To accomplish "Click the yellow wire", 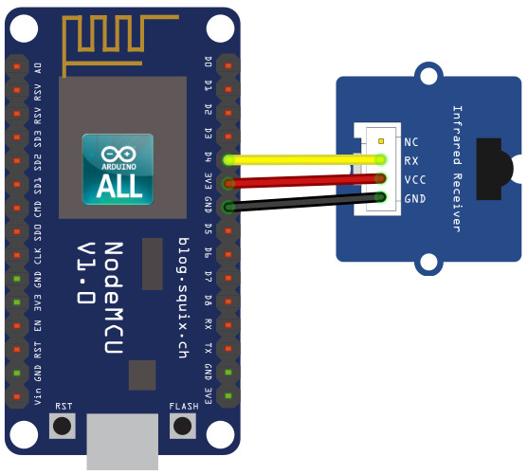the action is click(x=304, y=159).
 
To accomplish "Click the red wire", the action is click(x=304, y=181).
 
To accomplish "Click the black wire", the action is click(x=304, y=202).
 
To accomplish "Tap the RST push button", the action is click(x=63, y=426).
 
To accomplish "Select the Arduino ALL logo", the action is click(x=118, y=169).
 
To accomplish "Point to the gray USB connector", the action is click(x=122, y=442).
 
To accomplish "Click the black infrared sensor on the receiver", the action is click(x=494, y=169).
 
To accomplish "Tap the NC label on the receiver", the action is click(x=411, y=142).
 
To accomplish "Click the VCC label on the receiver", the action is click(x=415, y=180).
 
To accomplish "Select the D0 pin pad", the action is click(x=228, y=65).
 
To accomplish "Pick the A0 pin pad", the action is click(x=17, y=66).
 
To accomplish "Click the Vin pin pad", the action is click(x=17, y=396).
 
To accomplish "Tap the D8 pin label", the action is click(x=209, y=301).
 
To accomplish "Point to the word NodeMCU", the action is click(x=114, y=298).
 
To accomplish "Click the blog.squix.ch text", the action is click(x=184, y=298).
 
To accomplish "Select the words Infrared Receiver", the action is click(x=457, y=169).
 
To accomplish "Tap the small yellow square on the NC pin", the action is click(x=381, y=141).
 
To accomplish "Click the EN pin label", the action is click(x=38, y=326).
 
